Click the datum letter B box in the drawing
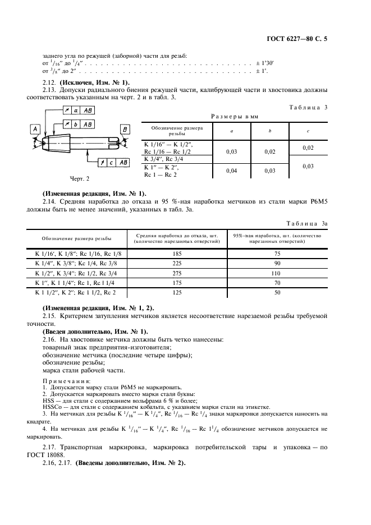[x=123, y=130]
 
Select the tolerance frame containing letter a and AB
[x=80, y=111]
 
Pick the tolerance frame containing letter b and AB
[x=80, y=125]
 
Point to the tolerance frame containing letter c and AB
[x=114, y=162]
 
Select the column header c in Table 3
[x=307, y=131]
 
